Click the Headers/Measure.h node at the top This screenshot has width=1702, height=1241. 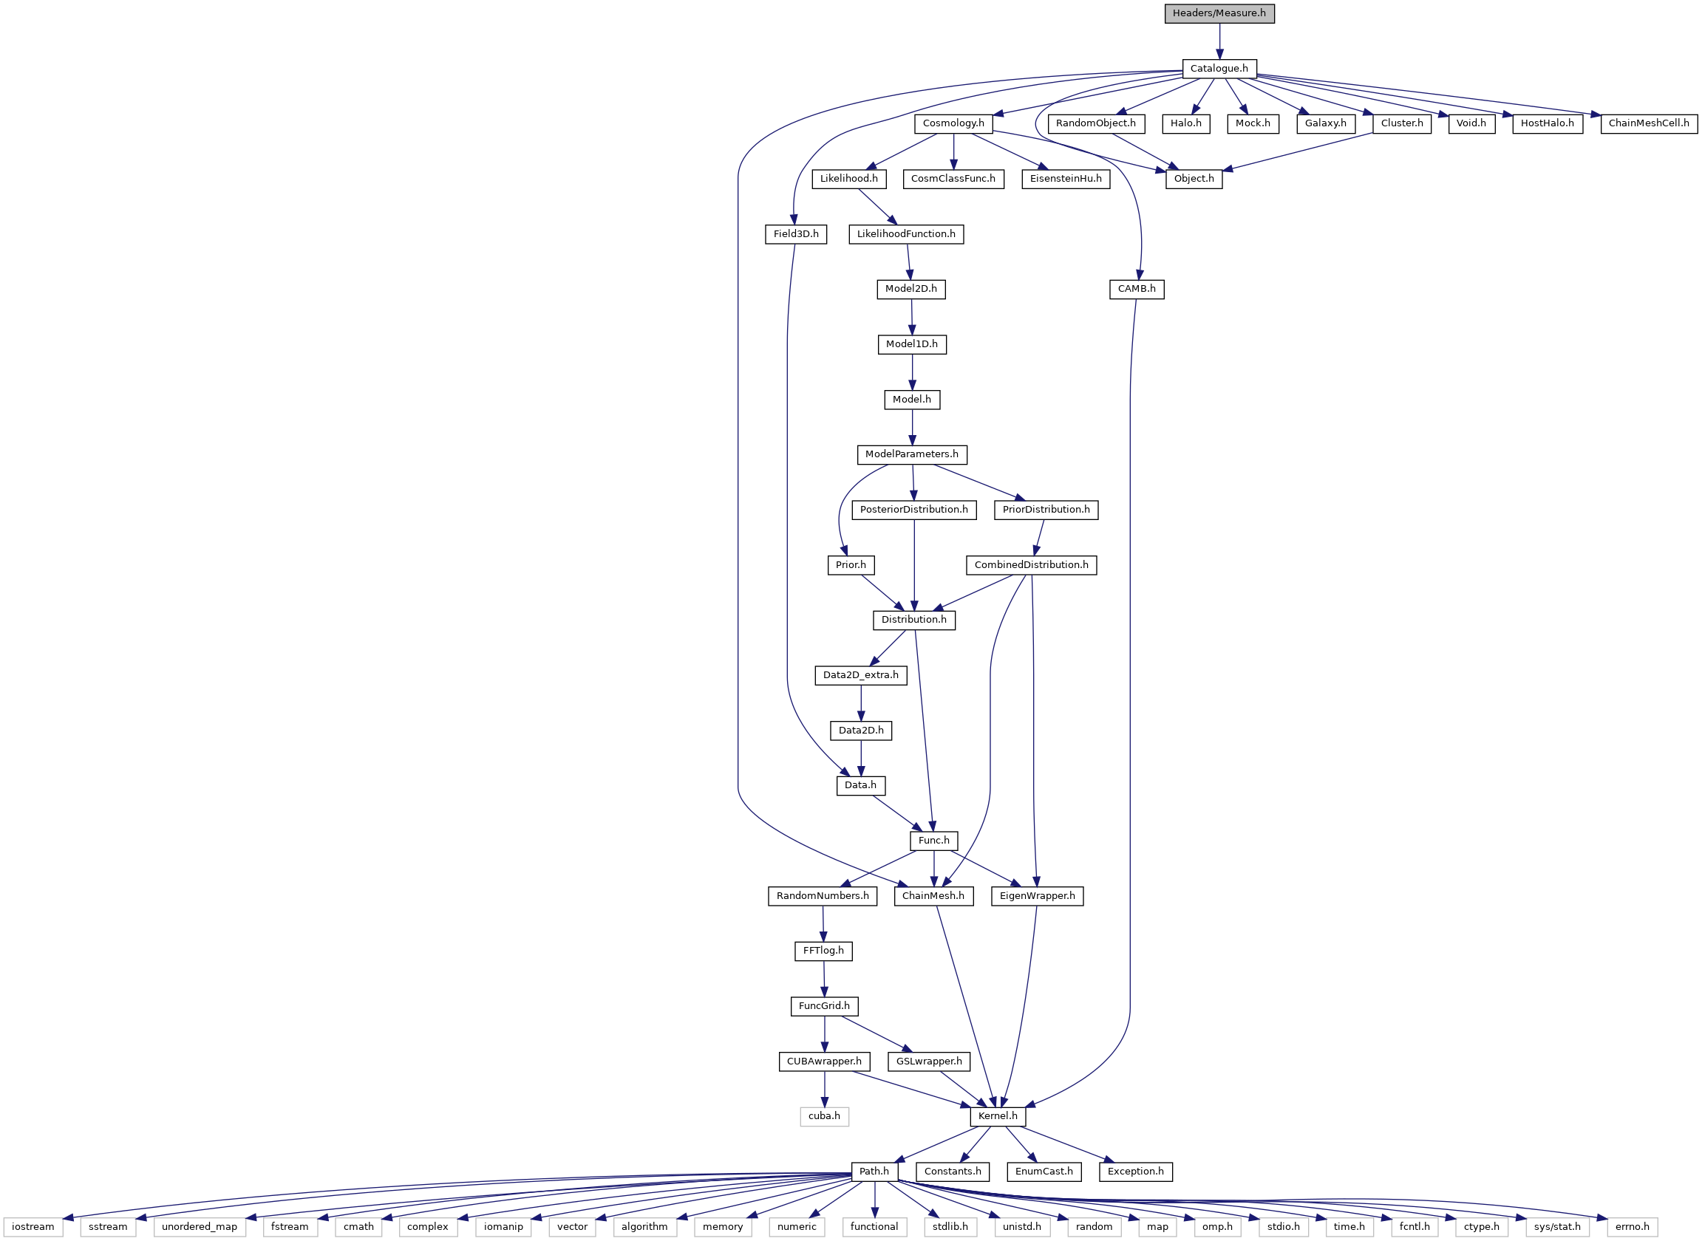(1219, 13)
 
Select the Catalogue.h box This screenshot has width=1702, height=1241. (1219, 69)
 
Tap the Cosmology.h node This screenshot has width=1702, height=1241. (953, 123)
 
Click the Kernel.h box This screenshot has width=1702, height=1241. (997, 1116)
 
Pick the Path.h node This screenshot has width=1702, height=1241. (874, 1171)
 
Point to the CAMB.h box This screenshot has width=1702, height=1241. (1136, 290)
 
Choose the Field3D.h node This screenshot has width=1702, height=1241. (796, 234)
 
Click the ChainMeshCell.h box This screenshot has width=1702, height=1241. (1649, 123)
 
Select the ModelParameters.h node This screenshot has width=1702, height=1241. (911, 454)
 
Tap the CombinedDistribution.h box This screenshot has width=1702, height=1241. (1031, 565)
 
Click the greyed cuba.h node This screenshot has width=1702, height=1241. (824, 1116)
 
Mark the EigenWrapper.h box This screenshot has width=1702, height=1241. (1037, 896)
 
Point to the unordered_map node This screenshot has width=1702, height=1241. (199, 1227)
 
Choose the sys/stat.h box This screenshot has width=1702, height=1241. (1557, 1227)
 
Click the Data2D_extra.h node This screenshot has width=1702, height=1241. (860, 675)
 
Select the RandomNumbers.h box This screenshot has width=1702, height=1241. (822, 896)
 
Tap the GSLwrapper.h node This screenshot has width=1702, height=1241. (929, 1061)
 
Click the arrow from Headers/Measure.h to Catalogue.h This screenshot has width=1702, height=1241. (1219, 41)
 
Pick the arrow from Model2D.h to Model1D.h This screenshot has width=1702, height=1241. (911, 316)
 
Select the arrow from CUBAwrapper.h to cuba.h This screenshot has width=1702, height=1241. (824, 1089)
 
